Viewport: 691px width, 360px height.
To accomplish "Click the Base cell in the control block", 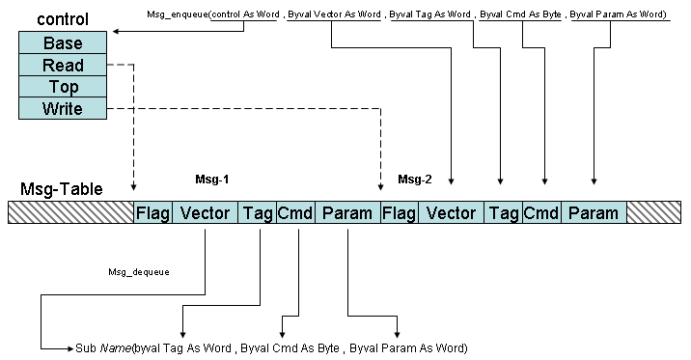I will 63,43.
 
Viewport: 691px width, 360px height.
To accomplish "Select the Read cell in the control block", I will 63,66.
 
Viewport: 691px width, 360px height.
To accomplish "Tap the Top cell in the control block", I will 63,88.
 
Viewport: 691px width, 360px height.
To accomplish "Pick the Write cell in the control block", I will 63,109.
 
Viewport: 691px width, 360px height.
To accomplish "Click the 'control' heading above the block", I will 63,18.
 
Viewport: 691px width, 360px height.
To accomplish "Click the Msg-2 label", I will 415,180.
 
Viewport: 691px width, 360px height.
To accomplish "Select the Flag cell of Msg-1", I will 152,212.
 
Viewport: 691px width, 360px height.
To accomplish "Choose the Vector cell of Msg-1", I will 206,212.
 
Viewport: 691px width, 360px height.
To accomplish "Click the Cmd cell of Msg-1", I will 295,212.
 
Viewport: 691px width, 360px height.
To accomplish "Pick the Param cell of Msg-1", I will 347,212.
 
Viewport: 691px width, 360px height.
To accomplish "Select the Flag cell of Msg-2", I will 400,212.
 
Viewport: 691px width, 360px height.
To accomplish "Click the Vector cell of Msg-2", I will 452,212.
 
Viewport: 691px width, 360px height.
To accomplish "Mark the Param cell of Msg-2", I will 593,212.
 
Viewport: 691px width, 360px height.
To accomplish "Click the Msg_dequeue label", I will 138,272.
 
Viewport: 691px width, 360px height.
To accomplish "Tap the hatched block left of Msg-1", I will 70,212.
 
